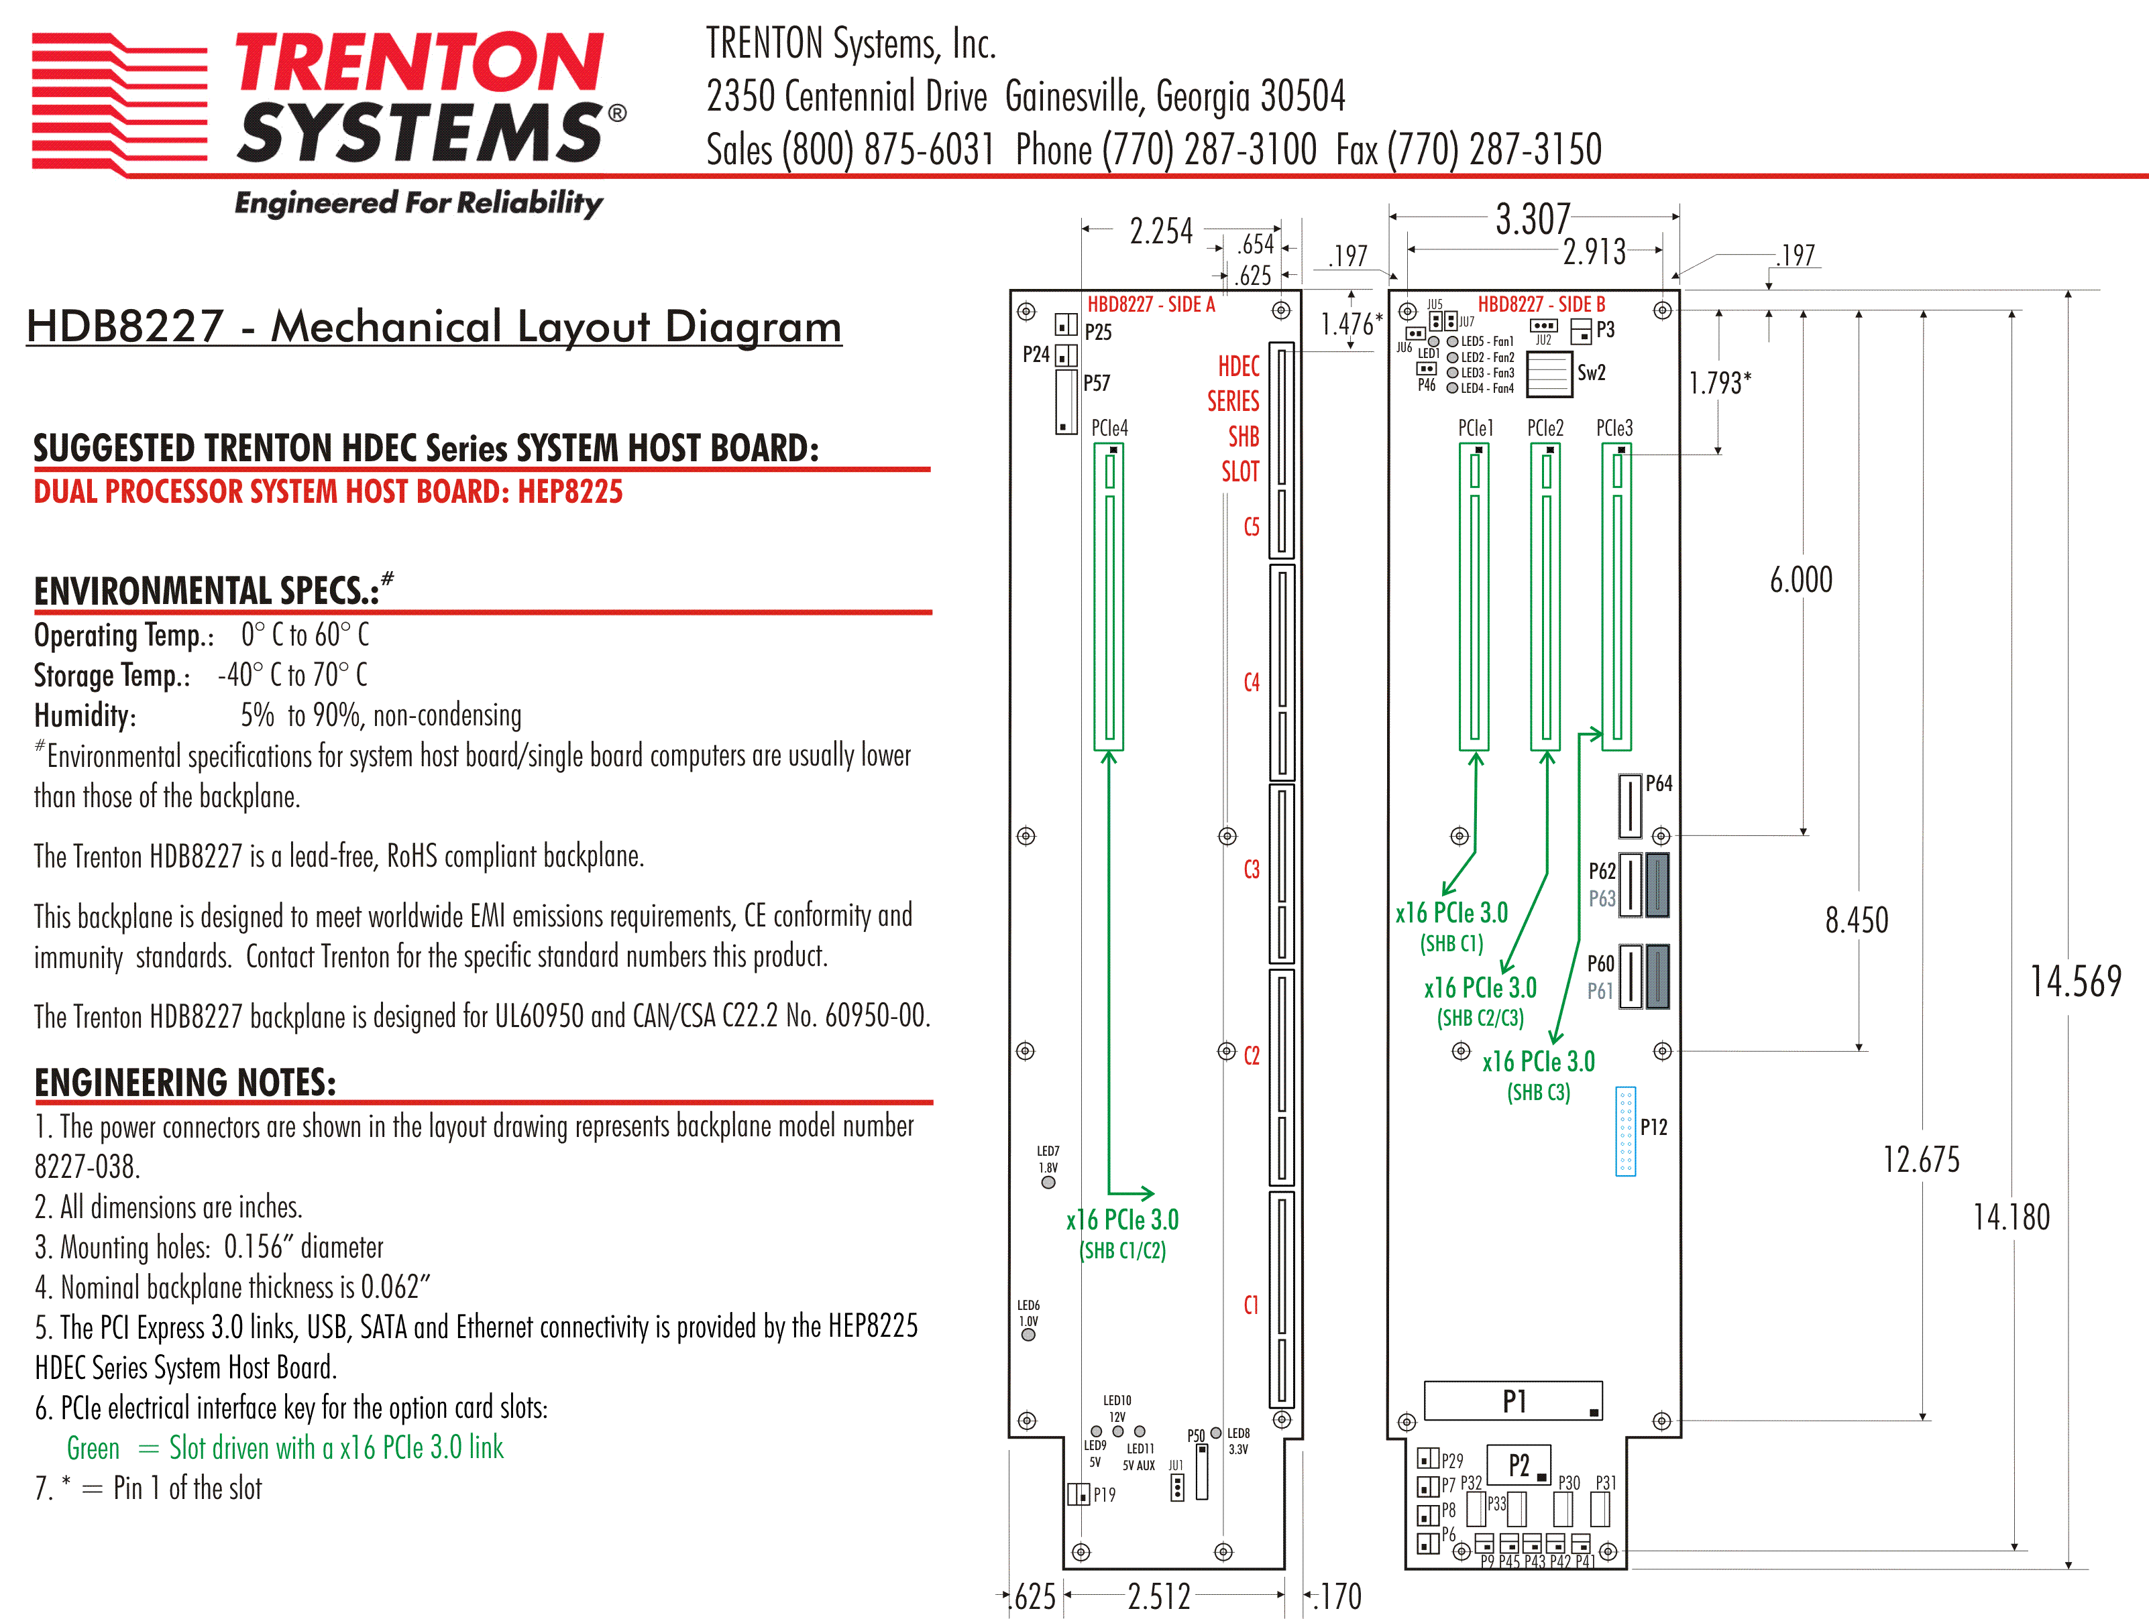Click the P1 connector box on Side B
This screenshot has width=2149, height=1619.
tap(1512, 1400)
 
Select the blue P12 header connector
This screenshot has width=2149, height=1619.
tap(1625, 1132)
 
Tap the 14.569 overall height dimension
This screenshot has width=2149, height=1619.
tap(2075, 981)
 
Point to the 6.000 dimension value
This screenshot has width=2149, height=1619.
tap(1801, 581)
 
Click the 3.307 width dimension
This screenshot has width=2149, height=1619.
tap(1532, 219)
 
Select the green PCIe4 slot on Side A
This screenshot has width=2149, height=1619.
tap(1109, 597)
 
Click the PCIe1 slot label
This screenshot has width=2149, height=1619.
tap(1475, 428)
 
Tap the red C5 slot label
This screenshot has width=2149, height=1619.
tap(1252, 528)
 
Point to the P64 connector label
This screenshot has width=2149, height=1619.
tap(1659, 784)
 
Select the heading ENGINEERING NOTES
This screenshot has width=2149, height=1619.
tap(186, 1082)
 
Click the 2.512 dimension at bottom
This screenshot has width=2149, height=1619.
tap(1159, 1596)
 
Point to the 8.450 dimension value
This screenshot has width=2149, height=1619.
tap(1857, 920)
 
